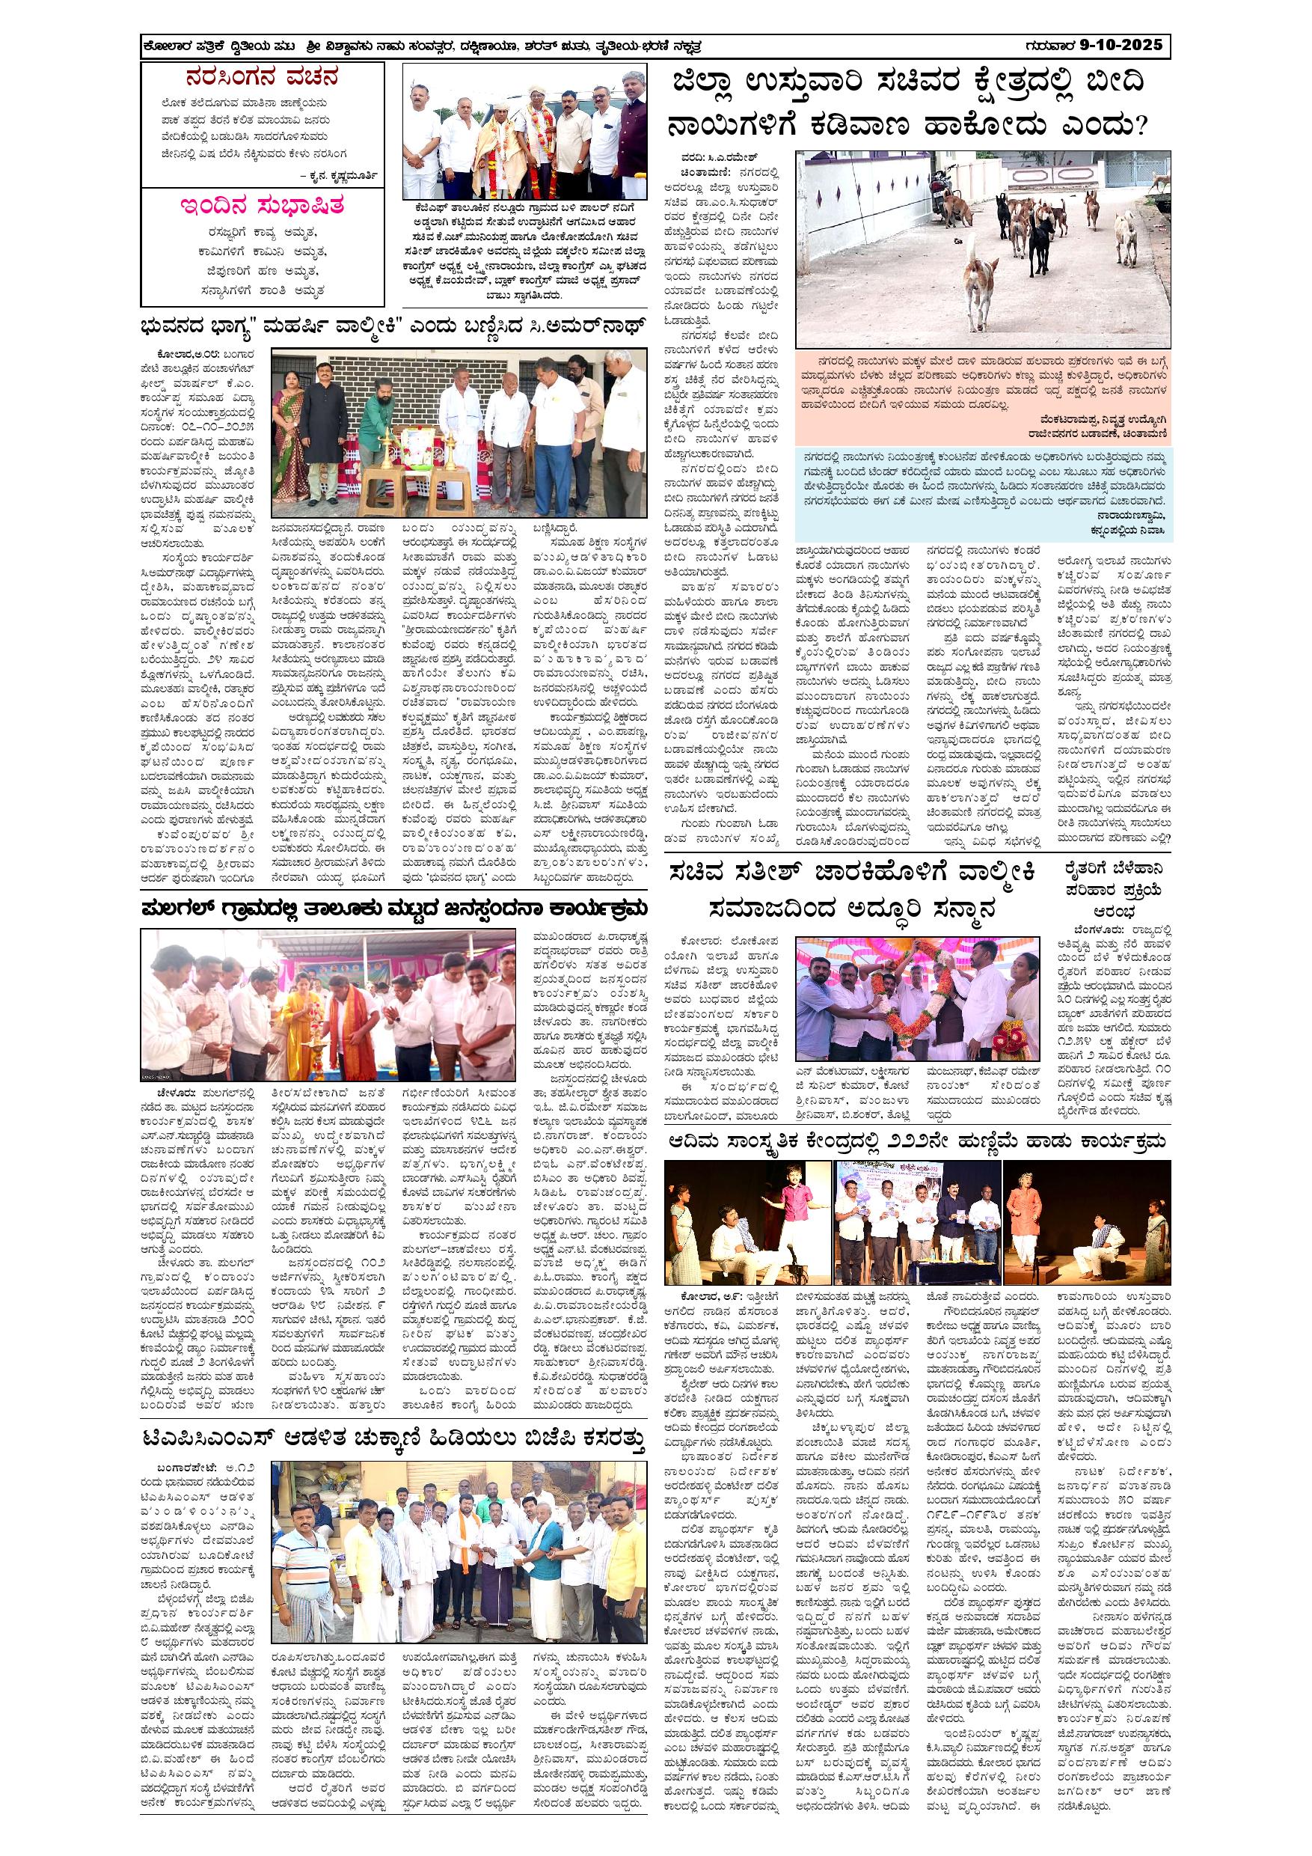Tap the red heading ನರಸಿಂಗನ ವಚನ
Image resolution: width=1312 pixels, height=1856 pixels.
(261, 79)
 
